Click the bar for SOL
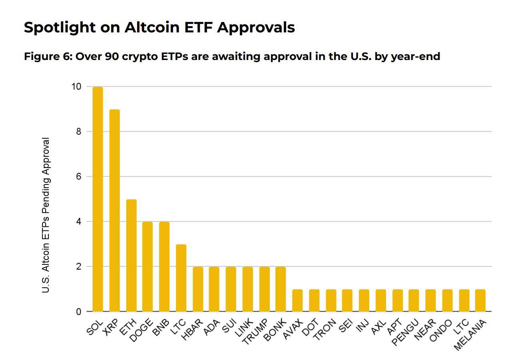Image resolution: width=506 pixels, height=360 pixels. click(x=98, y=199)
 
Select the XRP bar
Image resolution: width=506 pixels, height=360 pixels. click(x=114, y=210)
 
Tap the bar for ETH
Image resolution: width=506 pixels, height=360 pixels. click(x=131, y=255)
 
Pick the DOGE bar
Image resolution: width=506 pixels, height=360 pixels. click(x=147, y=266)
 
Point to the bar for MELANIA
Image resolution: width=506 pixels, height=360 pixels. click(x=480, y=300)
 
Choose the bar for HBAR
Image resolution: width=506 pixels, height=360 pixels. click(x=197, y=289)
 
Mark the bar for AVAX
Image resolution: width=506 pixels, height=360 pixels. click(x=297, y=300)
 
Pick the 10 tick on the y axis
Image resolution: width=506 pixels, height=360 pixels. click(x=76, y=86)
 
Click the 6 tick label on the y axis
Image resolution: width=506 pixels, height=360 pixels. click(x=78, y=176)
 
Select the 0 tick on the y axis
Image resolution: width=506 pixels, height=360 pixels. click(x=78, y=312)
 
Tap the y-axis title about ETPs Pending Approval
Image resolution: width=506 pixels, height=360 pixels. click(x=46, y=215)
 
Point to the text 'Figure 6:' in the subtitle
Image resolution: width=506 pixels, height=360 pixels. click(x=48, y=56)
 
